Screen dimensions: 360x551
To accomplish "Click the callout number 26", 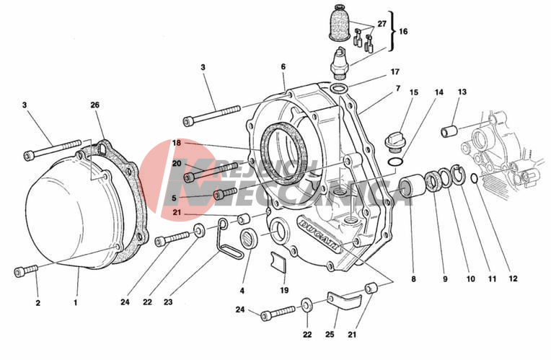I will point(95,105).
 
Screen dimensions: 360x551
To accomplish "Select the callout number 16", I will point(403,32).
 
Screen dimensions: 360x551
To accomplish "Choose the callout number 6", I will point(283,66).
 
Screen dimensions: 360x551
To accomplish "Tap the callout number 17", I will point(394,72).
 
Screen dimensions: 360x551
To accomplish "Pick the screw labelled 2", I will point(25,271).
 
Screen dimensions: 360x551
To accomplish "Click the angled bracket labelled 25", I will point(341,299).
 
